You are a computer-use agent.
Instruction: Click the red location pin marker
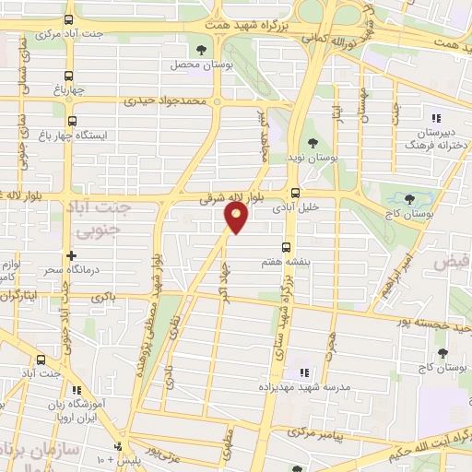237,218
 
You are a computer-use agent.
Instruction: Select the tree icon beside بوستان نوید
313,143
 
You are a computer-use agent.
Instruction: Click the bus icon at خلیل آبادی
295,193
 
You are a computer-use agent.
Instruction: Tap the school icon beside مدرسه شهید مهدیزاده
302,372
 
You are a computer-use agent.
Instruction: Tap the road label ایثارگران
20,296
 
